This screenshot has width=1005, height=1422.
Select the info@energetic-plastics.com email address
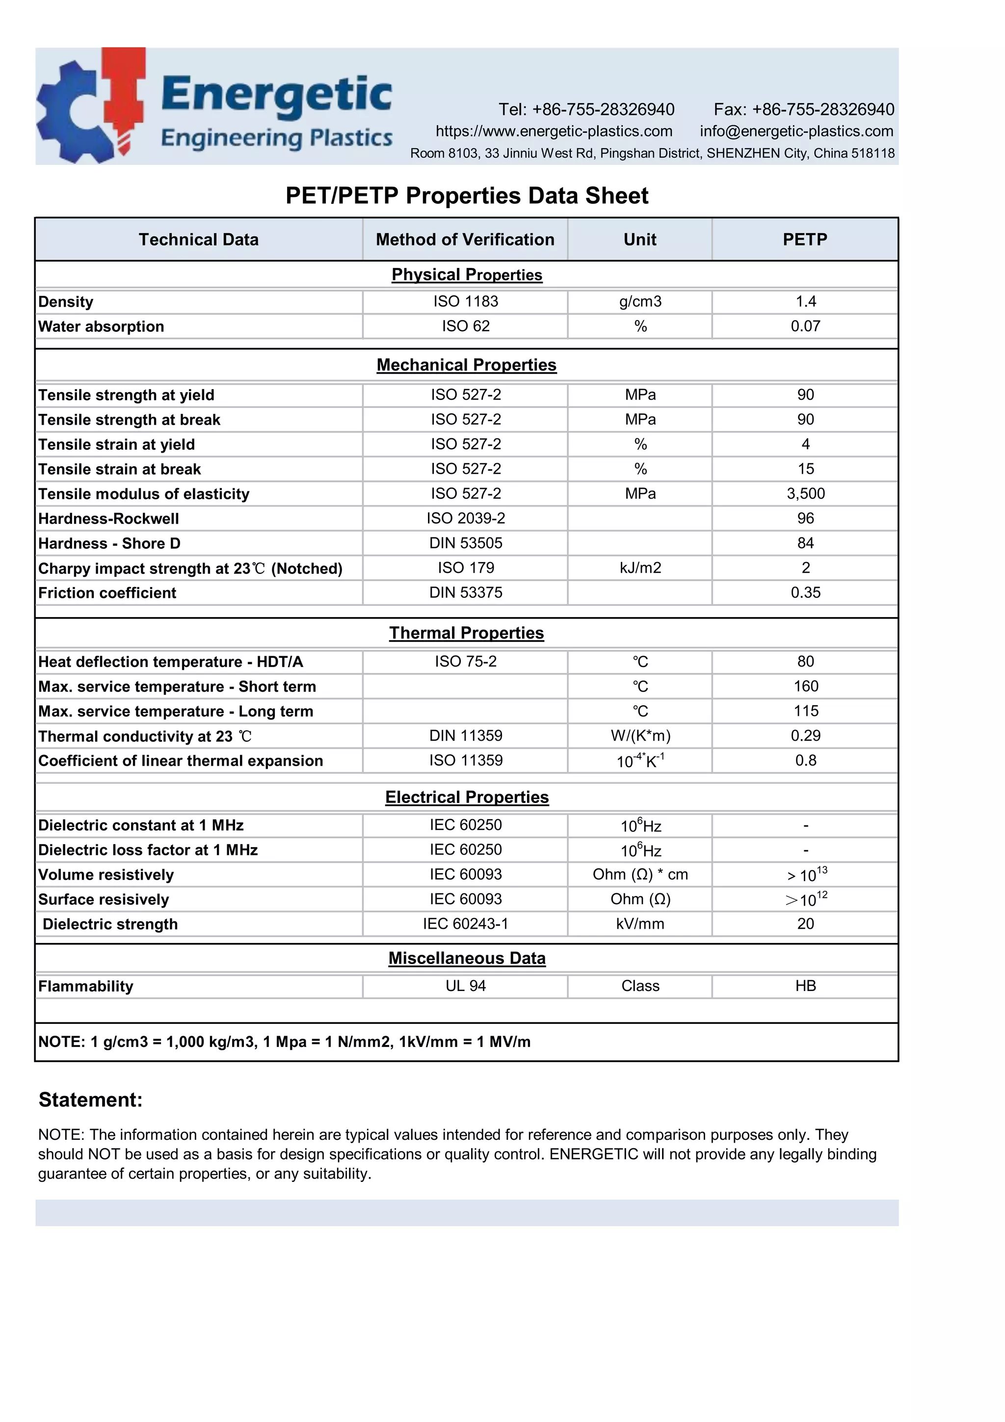[x=796, y=131]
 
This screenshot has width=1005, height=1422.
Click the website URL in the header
[x=554, y=131]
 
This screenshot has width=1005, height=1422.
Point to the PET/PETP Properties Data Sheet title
[x=466, y=196]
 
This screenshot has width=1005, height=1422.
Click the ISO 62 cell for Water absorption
[x=465, y=326]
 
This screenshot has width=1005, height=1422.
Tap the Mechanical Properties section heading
[x=466, y=365]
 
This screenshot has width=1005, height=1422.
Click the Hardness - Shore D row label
[x=109, y=543]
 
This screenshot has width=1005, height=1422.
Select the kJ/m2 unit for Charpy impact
[x=640, y=568]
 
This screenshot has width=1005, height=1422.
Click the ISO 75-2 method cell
[x=465, y=662]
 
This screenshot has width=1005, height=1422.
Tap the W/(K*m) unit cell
[x=640, y=736]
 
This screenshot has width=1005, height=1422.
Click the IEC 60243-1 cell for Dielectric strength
[x=465, y=924]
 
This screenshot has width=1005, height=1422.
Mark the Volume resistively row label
[x=106, y=875]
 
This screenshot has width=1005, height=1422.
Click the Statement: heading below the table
[x=90, y=1100]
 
